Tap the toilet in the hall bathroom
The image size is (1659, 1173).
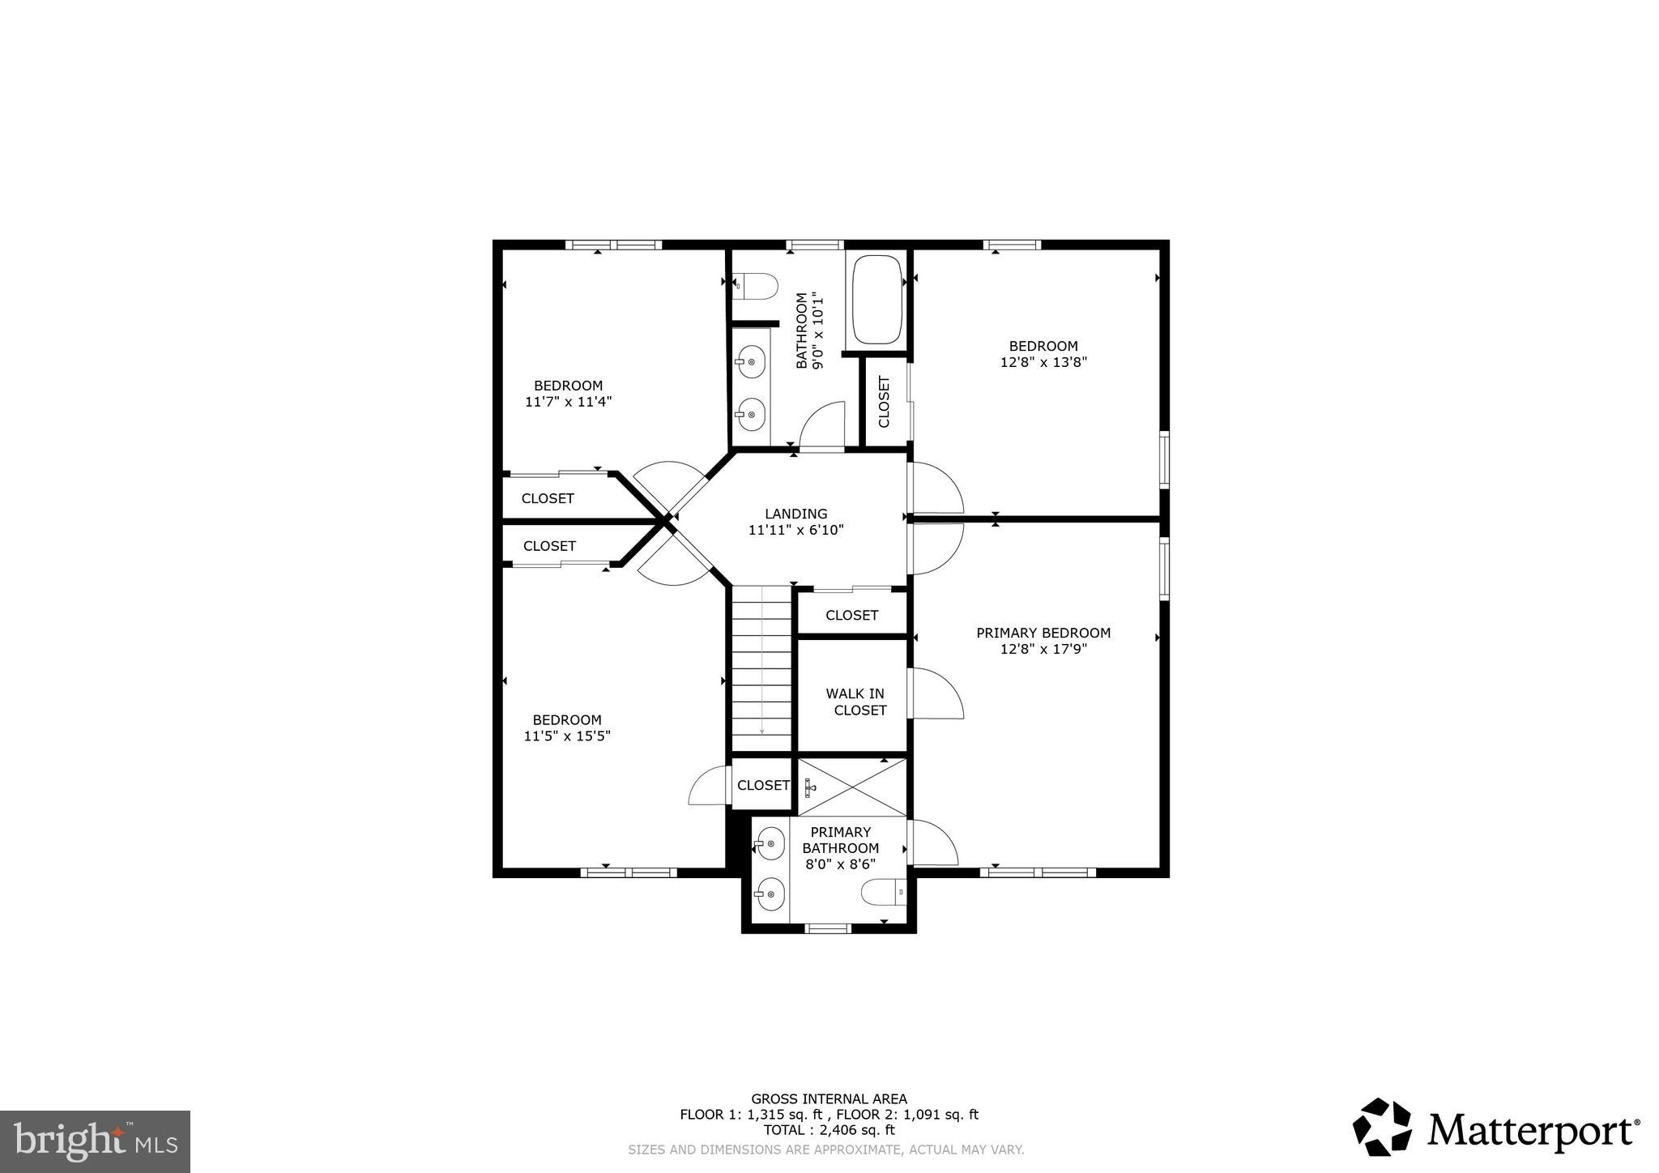click(x=757, y=286)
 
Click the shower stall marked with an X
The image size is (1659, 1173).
click(x=852, y=787)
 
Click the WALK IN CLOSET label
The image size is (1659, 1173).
click(x=855, y=702)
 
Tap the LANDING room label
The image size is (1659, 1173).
click(x=796, y=514)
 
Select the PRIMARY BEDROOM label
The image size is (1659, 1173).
click(x=1043, y=633)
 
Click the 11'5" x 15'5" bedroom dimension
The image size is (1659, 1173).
click(x=567, y=736)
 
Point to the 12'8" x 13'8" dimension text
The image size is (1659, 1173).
click(x=1043, y=363)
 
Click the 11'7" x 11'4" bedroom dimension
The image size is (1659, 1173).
click(x=568, y=402)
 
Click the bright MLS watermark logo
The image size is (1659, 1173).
click(x=95, y=1142)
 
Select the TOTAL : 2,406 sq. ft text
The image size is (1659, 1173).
click(x=829, y=1130)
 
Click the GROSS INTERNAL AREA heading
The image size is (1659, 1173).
click(x=829, y=1099)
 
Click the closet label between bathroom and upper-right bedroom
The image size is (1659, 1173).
click(x=884, y=402)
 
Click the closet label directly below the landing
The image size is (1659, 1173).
click(x=851, y=615)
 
